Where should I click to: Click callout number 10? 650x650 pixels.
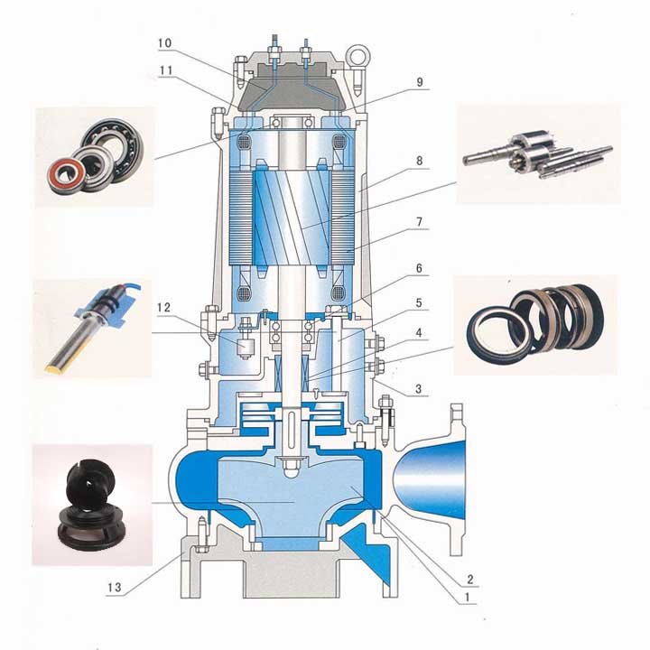(x=164, y=43)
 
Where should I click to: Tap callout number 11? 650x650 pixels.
(x=166, y=70)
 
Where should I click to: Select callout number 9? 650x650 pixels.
(x=420, y=82)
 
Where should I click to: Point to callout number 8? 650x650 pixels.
(x=419, y=161)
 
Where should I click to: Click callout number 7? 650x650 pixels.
(x=419, y=222)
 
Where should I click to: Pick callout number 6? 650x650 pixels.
(x=419, y=269)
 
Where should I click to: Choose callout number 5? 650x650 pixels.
(x=419, y=303)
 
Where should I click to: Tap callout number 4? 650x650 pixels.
(x=419, y=333)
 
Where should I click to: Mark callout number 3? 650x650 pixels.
(x=419, y=389)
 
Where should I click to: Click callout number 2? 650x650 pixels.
(x=470, y=579)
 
